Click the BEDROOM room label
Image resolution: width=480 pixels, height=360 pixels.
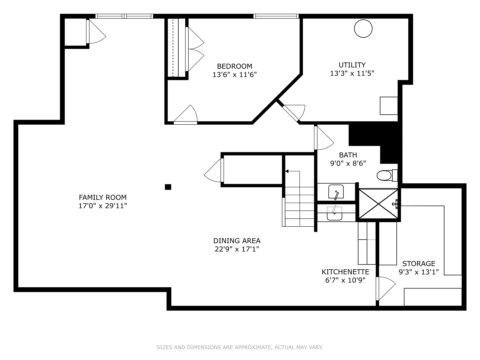click(234, 66)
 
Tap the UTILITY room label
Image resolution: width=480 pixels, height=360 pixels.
click(352, 65)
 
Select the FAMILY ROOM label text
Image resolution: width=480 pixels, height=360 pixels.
click(103, 197)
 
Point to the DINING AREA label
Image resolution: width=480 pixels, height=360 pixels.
click(237, 241)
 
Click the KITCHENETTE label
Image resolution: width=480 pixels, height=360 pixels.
click(345, 272)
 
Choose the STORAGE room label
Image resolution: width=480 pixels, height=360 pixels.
click(419, 263)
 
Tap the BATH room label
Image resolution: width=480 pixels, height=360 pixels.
click(348, 155)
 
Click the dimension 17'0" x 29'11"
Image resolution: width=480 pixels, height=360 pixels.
click(103, 206)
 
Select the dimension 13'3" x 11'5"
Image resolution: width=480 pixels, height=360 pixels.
click(352, 73)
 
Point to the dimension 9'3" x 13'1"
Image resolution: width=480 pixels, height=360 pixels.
click(419, 272)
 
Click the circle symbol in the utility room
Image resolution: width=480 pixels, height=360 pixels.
click(363, 29)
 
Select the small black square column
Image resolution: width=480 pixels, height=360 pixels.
click(168, 187)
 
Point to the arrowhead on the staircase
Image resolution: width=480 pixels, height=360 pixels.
click(287, 171)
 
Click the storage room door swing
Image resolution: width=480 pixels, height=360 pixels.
click(386, 289)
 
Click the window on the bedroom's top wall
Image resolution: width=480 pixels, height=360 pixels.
click(276, 16)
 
